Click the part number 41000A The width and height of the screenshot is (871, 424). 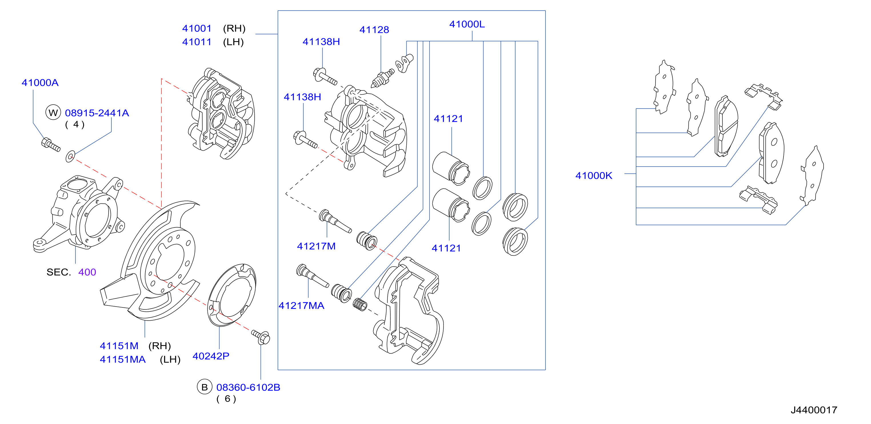click(x=40, y=83)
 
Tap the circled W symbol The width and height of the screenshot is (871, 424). click(x=53, y=113)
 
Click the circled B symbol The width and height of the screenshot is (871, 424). click(x=205, y=387)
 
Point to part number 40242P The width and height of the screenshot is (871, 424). click(x=211, y=356)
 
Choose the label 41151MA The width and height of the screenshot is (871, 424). click(x=123, y=359)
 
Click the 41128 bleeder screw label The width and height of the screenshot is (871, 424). click(x=374, y=30)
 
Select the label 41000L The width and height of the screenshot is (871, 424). click(x=467, y=24)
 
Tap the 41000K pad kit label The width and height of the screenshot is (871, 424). click(x=594, y=176)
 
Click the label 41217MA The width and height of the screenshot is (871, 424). click(x=301, y=306)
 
